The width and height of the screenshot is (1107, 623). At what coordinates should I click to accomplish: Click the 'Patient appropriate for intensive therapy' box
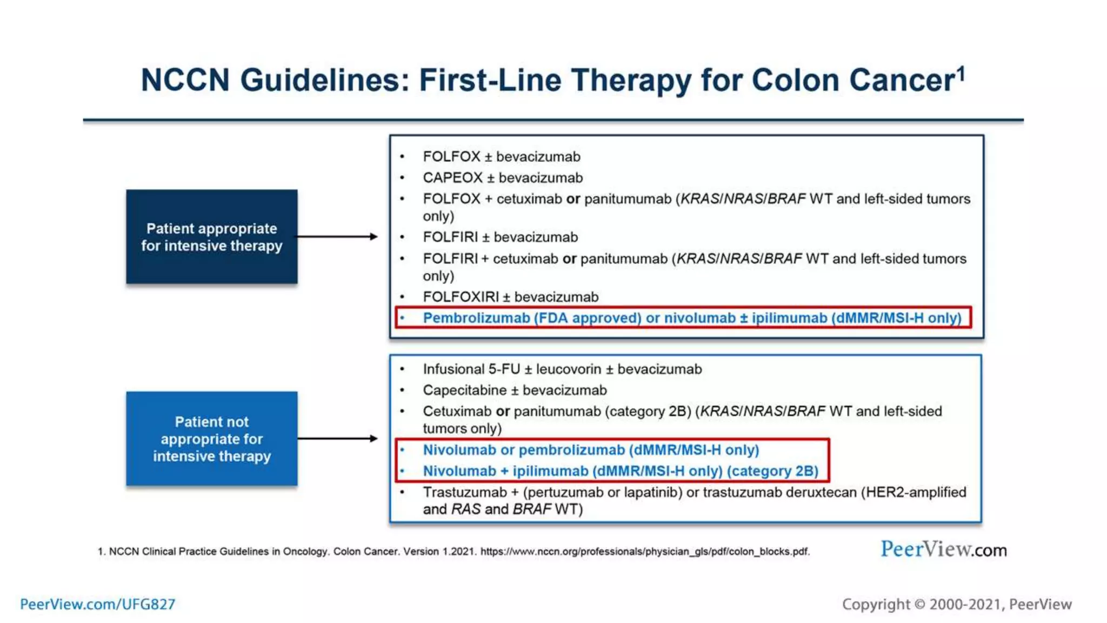pyautogui.click(x=211, y=236)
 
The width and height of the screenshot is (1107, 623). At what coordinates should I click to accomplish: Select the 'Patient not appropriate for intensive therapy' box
pyautogui.click(x=211, y=439)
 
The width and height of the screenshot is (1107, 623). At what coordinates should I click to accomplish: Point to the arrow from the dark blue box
pyautogui.click(x=336, y=236)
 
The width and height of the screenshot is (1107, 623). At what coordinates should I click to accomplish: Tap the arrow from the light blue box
pyautogui.click(x=336, y=439)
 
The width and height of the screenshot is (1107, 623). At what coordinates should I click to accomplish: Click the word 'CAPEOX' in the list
pyautogui.click(x=452, y=178)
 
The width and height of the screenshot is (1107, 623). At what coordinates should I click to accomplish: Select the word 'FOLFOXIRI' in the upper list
pyautogui.click(x=461, y=297)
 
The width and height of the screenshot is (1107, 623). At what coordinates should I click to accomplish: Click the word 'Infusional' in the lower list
pyautogui.click(x=454, y=369)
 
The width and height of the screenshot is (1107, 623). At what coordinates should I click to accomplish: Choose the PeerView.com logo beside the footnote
pyautogui.click(x=943, y=549)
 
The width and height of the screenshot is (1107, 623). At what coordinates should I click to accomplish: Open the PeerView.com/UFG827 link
pyautogui.click(x=98, y=604)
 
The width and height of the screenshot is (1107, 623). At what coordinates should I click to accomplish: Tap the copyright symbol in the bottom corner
pyautogui.click(x=919, y=604)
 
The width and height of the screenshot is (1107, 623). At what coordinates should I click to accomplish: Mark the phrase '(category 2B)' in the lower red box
pyautogui.click(x=772, y=471)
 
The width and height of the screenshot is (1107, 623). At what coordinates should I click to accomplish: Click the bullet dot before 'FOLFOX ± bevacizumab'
pyautogui.click(x=402, y=157)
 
